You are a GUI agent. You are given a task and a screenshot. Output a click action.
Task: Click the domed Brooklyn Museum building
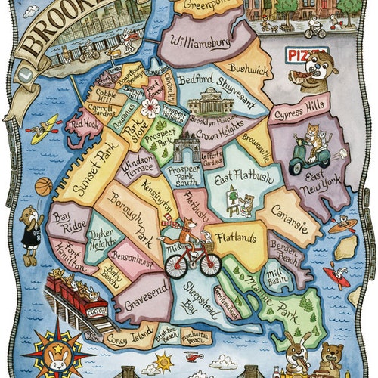pos(209,101)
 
